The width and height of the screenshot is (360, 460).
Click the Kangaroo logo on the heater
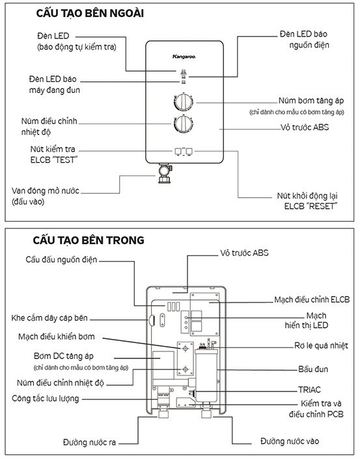click(184, 57)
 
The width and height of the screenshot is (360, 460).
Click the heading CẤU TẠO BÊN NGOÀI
click(90, 13)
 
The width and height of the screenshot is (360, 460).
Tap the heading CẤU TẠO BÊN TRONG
click(89, 240)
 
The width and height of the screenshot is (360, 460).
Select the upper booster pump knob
click(183, 102)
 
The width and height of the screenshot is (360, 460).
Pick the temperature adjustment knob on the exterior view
click(183, 124)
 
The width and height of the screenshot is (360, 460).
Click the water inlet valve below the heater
click(165, 173)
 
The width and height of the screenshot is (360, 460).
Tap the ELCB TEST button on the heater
click(178, 152)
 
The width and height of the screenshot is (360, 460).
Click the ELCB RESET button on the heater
click(189, 152)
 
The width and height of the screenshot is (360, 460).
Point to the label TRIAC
click(309, 390)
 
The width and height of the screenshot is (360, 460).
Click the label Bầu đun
click(313, 369)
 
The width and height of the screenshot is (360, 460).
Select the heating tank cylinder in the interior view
click(206, 375)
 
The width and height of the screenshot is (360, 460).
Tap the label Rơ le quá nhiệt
click(321, 345)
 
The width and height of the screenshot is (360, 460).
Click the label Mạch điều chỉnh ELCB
click(312, 299)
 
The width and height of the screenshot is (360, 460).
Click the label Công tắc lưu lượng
click(46, 398)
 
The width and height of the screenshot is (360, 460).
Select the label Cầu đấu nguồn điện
click(61, 260)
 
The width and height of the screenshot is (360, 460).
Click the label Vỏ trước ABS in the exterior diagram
click(305, 128)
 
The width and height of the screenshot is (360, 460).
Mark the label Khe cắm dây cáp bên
click(49, 318)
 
